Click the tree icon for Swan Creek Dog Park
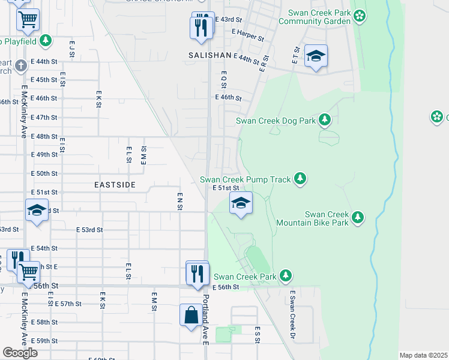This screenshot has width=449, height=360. coord(325,120)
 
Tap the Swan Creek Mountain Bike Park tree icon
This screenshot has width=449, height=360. coord(358,217)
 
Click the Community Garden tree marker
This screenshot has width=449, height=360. coord(360,15)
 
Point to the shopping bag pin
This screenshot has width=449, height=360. coord(191,315)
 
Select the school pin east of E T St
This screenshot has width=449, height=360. coord(316,56)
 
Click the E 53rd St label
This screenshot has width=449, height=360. coord(90,230)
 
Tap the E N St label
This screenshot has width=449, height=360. coord(179,201)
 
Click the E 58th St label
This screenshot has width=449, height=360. coord(44,322)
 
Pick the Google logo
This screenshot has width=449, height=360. coord(20,352)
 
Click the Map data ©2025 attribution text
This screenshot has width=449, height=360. coord(423,355)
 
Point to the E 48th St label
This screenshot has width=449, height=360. coord(44,136)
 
